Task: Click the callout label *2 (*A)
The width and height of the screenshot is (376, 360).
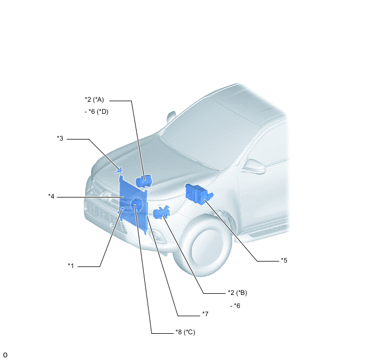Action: pos(94,100)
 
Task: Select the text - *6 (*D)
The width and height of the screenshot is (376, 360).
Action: pos(96,112)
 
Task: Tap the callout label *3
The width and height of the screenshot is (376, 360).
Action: pos(60,138)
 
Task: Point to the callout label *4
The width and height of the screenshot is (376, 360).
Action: pos(51,196)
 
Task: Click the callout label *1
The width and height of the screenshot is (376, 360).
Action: pos(70,266)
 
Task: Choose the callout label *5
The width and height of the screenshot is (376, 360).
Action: pos(284,260)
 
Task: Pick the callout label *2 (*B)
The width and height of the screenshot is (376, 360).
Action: pos(237,293)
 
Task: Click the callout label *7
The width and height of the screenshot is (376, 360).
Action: pos(205,314)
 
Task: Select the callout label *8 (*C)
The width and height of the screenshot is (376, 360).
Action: pos(185,332)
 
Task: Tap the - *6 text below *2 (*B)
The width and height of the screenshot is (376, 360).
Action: pos(235,306)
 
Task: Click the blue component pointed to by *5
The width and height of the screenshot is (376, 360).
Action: pos(199,194)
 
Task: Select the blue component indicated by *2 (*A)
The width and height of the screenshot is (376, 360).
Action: pos(144,181)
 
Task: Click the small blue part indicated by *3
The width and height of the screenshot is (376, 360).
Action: pos(118,171)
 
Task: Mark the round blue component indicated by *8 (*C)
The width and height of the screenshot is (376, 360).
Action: pos(137,205)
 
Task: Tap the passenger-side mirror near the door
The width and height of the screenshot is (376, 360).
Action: pos(254,166)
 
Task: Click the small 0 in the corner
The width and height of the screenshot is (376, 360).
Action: pos(5,355)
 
